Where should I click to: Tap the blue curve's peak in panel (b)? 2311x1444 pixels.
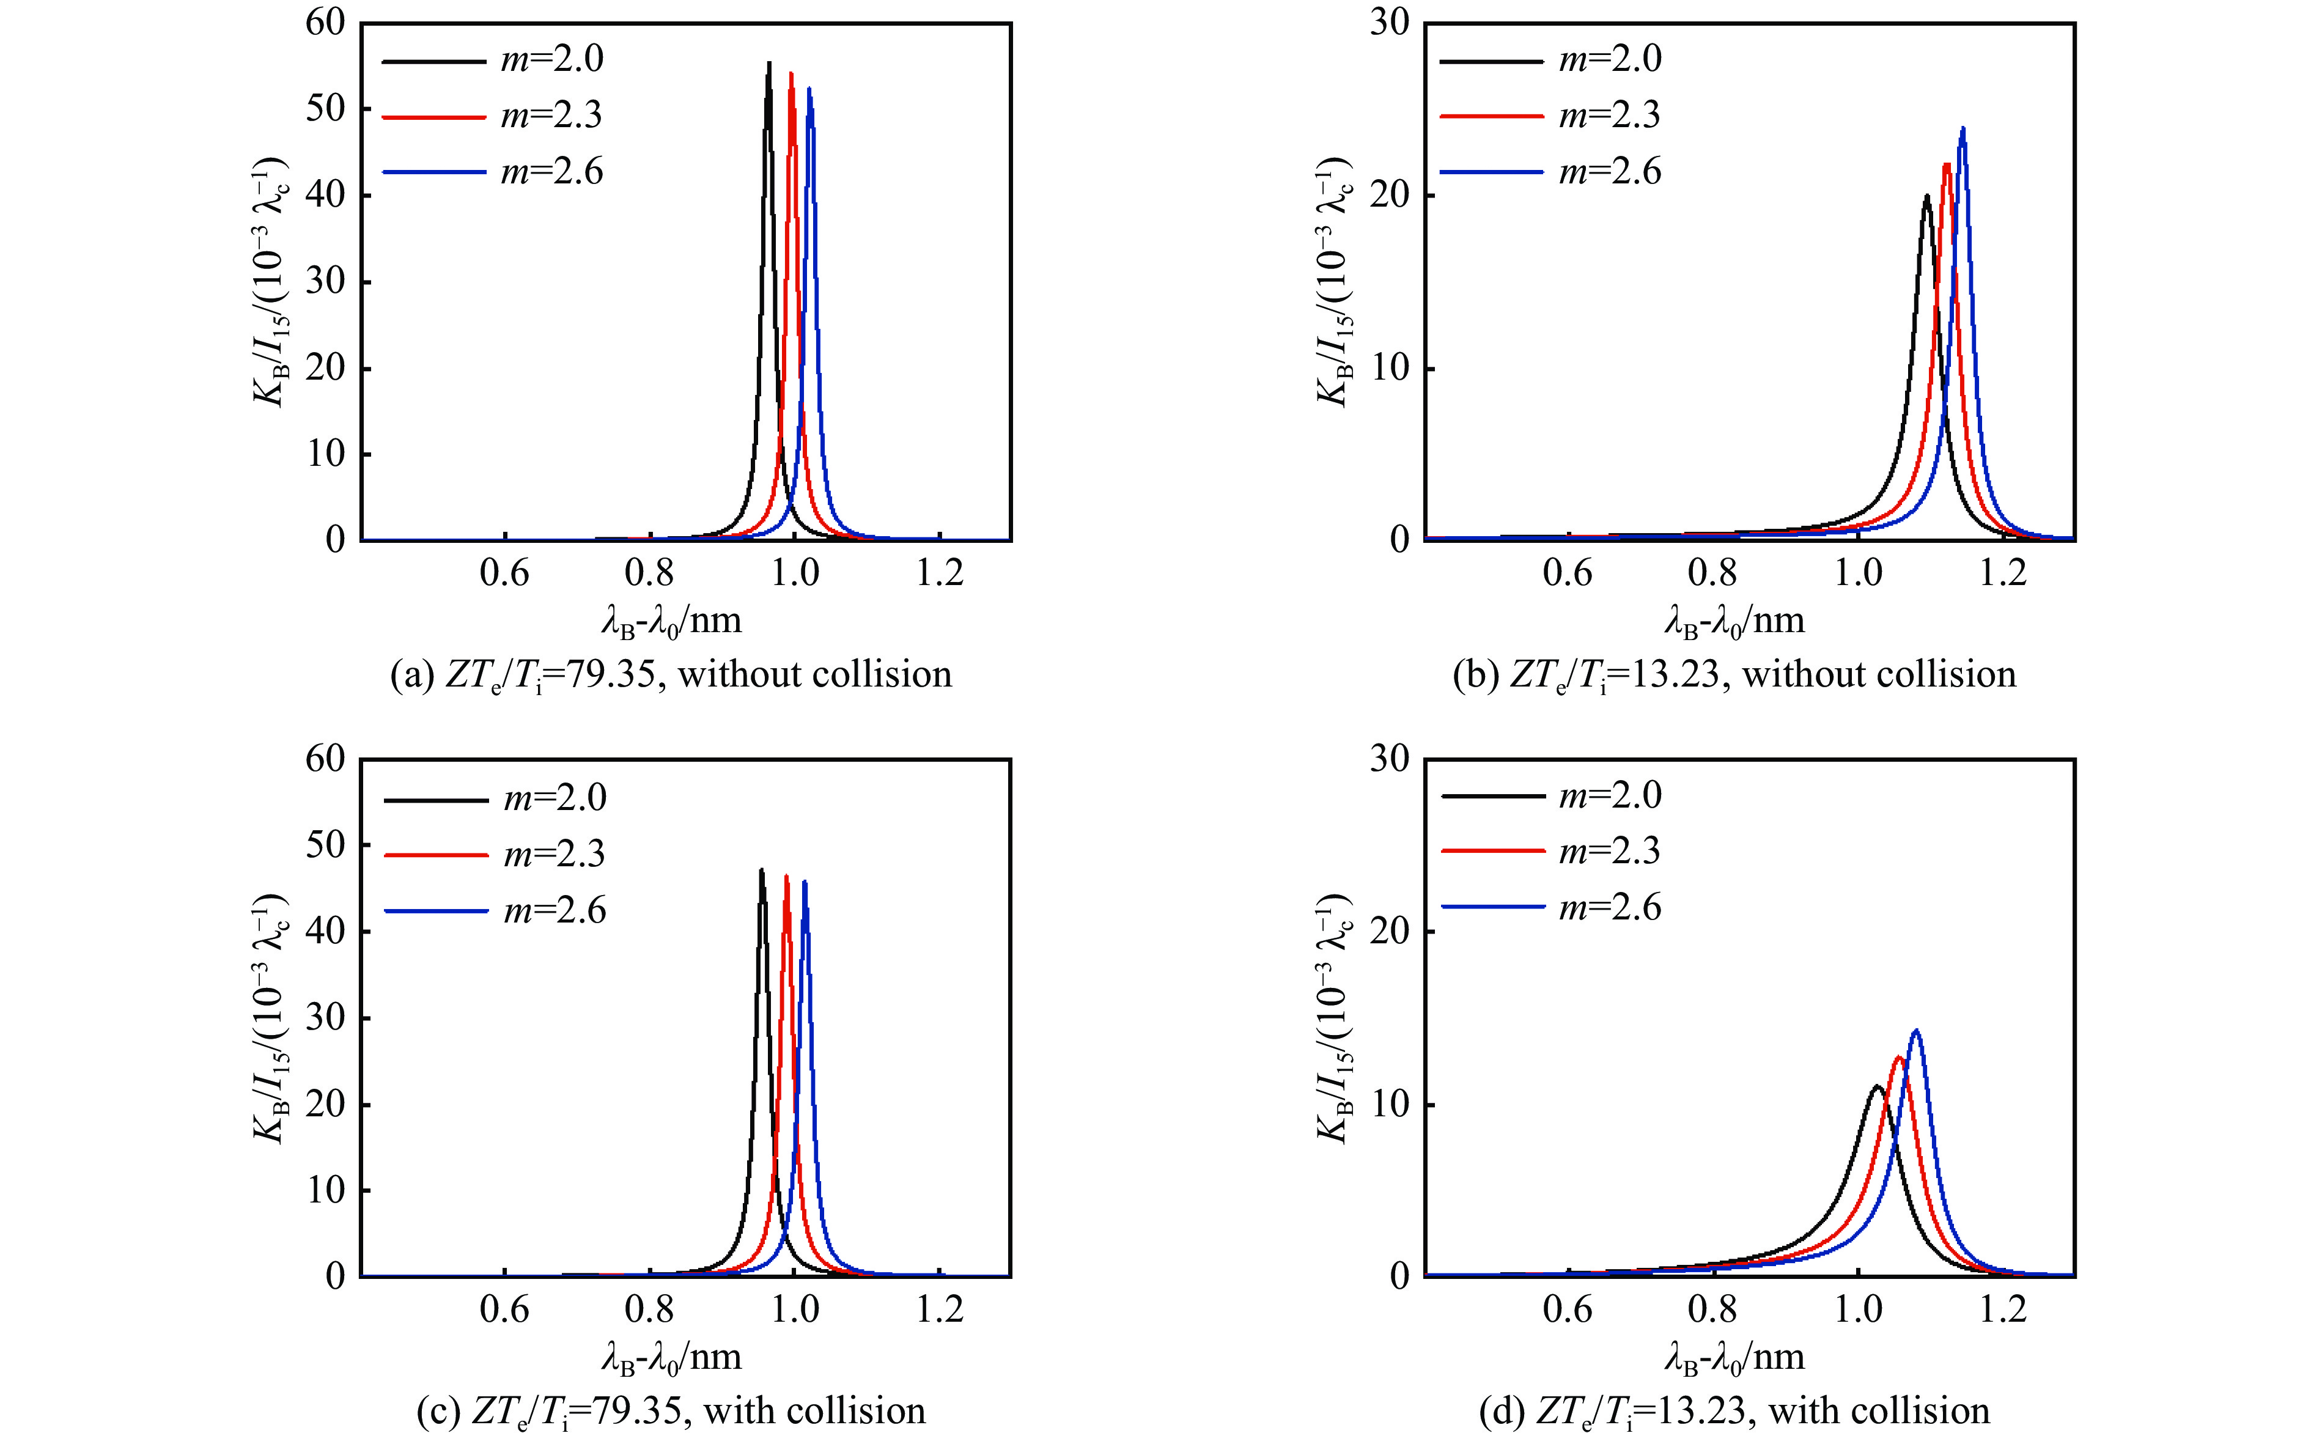coord(1963,128)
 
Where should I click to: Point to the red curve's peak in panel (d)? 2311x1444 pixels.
coord(1898,1057)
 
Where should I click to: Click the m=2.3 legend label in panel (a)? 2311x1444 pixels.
coord(552,116)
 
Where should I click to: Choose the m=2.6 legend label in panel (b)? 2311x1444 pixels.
coord(1610,172)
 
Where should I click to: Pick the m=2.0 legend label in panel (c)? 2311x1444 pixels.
coord(555,797)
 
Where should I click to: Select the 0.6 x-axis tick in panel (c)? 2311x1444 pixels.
coord(504,1310)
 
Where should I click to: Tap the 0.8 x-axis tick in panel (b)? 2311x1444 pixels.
coord(1712,573)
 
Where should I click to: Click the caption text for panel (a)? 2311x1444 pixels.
coord(671,675)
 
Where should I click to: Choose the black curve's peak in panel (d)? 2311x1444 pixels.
coord(1876,1086)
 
